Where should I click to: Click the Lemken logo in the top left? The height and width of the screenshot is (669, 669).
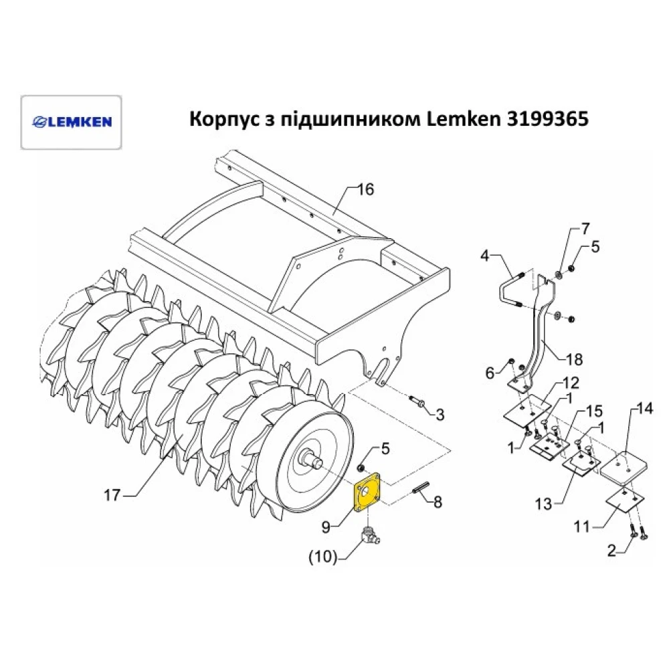tap(72, 122)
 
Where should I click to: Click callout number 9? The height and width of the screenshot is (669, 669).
tap(326, 527)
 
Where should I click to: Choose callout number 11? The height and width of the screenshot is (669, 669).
tap(583, 528)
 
